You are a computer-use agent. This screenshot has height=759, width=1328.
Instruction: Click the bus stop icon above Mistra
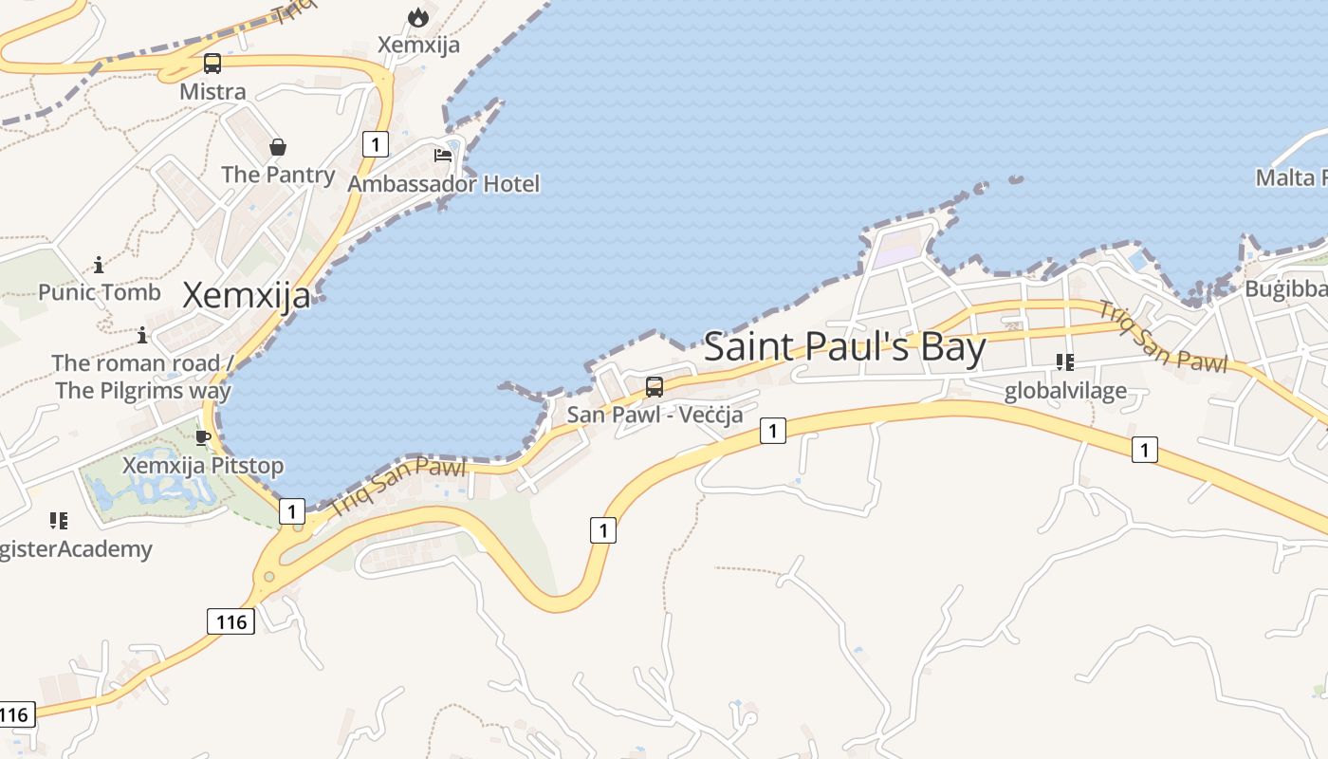click(x=212, y=64)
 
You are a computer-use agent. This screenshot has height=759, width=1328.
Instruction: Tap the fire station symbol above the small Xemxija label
click(x=417, y=17)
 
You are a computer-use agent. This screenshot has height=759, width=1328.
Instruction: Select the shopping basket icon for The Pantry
click(x=278, y=147)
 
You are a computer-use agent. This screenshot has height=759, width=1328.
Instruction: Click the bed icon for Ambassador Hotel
click(x=443, y=155)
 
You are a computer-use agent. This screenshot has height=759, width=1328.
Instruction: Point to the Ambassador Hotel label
click(x=444, y=183)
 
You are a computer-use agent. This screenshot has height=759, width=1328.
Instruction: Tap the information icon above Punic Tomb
click(x=99, y=265)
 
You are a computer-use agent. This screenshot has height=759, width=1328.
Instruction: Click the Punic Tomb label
click(x=100, y=292)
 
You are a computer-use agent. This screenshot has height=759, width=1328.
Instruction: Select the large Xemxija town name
click(x=246, y=295)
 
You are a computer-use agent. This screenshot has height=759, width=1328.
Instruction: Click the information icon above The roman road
click(x=142, y=335)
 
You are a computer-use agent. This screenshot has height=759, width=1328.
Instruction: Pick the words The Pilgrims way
click(x=143, y=390)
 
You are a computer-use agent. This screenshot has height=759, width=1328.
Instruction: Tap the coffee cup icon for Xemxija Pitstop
click(x=202, y=437)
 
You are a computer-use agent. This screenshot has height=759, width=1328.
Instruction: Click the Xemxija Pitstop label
click(x=203, y=466)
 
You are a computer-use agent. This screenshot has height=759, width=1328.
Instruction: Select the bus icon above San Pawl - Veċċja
click(x=655, y=387)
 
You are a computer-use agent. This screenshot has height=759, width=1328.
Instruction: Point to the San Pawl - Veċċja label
click(x=655, y=415)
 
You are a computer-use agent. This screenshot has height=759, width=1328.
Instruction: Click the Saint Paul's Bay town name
click(x=844, y=346)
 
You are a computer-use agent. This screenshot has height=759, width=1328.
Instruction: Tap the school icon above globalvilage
click(x=1065, y=362)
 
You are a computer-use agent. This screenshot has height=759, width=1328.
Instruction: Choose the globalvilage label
click(x=1065, y=390)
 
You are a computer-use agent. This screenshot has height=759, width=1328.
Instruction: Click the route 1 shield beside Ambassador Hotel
click(x=376, y=144)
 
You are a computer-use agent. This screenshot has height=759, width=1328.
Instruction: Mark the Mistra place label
click(x=212, y=92)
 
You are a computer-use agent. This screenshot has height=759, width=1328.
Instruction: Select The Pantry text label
click(x=278, y=175)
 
